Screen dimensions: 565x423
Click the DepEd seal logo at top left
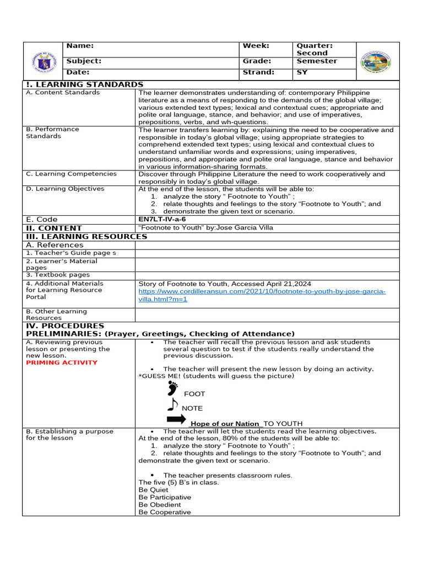coord(44,61)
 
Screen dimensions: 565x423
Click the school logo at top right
coord(376,62)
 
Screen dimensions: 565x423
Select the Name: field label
coord(80,46)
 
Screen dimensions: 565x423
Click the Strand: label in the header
coord(258,72)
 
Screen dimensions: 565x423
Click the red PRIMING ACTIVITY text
coord(62,363)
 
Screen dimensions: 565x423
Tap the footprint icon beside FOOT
coord(172,388)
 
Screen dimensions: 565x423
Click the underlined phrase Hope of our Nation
coord(224,424)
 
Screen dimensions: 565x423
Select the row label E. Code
coord(42,219)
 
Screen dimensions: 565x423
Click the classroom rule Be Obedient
coord(160,504)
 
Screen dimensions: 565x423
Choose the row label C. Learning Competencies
coord(72,174)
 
